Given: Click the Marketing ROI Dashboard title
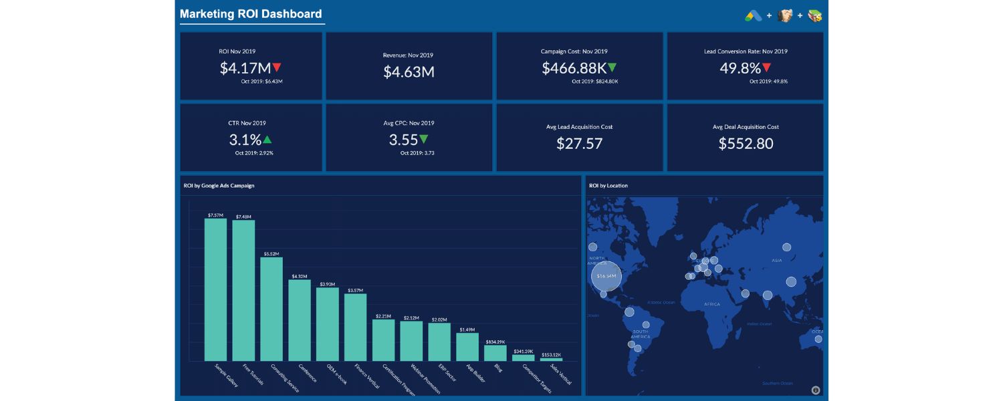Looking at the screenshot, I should (x=251, y=14).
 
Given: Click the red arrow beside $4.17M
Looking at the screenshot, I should (x=277, y=68).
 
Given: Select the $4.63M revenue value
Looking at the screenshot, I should (x=409, y=72).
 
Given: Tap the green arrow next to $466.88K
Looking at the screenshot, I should (x=612, y=68).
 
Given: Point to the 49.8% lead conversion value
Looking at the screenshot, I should (x=740, y=68).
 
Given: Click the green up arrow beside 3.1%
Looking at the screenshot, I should (x=267, y=140).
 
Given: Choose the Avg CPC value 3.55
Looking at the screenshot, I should (x=403, y=140).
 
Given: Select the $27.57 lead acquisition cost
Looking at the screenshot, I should (x=579, y=143).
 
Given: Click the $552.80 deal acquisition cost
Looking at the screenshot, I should (x=746, y=143).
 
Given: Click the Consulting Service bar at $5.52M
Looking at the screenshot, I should (x=271, y=309).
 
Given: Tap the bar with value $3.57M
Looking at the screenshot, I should (x=355, y=327).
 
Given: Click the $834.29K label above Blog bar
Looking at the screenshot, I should (x=495, y=342).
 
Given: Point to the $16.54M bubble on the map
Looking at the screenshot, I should (x=606, y=275).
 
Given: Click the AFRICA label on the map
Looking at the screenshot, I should (x=712, y=304).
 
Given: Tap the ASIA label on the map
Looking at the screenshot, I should (x=776, y=261).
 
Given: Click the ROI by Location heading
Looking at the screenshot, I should (x=608, y=186).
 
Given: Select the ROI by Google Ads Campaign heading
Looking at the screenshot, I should (x=219, y=186).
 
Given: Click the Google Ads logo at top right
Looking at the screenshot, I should (x=754, y=15).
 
